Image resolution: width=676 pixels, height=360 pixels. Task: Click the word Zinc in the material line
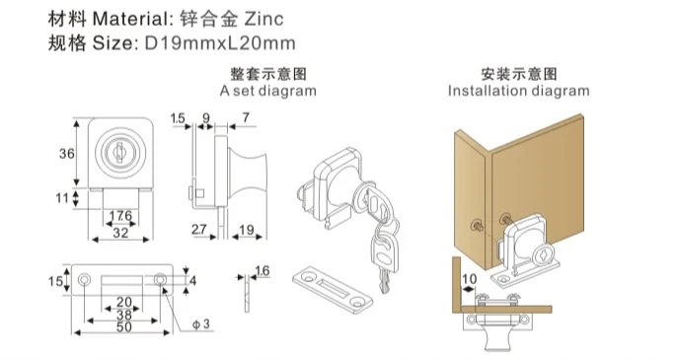pyautogui.click(x=263, y=19)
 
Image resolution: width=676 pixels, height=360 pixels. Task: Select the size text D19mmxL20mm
pyautogui.click(x=220, y=43)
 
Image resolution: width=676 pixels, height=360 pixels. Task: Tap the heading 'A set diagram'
pyautogui.click(x=267, y=91)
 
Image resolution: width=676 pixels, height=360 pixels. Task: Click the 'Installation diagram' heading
pyautogui.click(x=519, y=91)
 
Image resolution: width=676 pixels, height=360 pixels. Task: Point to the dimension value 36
pyautogui.click(x=67, y=153)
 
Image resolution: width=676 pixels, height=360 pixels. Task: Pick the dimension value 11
pyautogui.click(x=62, y=197)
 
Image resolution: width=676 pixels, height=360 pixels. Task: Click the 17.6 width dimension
pyautogui.click(x=120, y=215)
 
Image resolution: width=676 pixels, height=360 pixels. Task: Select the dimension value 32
pyautogui.click(x=120, y=233)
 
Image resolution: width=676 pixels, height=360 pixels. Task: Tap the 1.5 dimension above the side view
pyautogui.click(x=178, y=118)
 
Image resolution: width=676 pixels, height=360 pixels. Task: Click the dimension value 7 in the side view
pyautogui.click(x=246, y=117)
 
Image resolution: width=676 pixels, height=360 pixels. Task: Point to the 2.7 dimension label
pyautogui.click(x=198, y=230)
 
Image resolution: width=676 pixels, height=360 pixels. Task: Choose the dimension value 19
pyautogui.click(x=247, y=230)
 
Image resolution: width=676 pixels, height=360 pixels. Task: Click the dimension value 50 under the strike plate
pyautogui.click(x=124, y=326)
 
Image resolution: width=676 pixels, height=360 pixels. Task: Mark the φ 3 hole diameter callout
pyautogui.click(x=201, y=324)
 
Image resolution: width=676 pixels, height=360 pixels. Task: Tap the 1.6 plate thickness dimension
pyautogui.click(x=263, y=271)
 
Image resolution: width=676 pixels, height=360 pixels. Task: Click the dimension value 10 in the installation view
pyautogui.click(x=470, y=279)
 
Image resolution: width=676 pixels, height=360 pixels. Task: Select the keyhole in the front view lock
pyautogui.click(x=119, y=151)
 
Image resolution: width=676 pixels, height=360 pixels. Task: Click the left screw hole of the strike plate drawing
pyautogui.click(x=85, y=280)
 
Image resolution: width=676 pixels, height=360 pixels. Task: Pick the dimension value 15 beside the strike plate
pyautogui.click(x=55, y=281)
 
